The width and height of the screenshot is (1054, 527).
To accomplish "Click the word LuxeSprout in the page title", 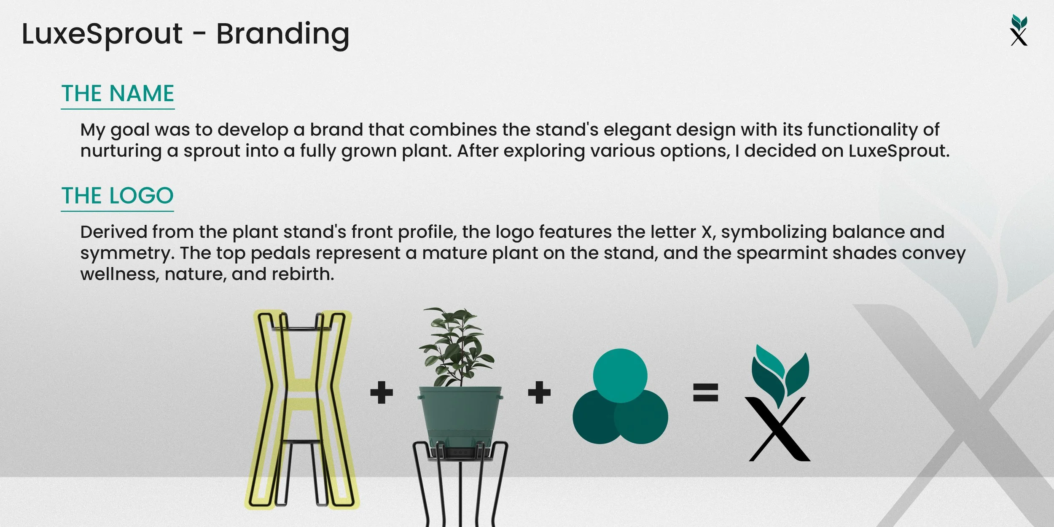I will point(102,34).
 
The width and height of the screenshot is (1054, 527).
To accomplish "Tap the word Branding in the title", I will point(282,34).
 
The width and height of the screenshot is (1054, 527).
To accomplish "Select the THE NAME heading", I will point(118,94).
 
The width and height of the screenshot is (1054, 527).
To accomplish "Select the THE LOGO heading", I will point(118,196).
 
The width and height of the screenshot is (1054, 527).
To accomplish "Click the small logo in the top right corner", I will point(1019,30).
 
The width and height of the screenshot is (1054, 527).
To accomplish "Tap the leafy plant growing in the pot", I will point(455,346).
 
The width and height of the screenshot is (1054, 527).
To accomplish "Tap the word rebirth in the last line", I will point(302,274).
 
